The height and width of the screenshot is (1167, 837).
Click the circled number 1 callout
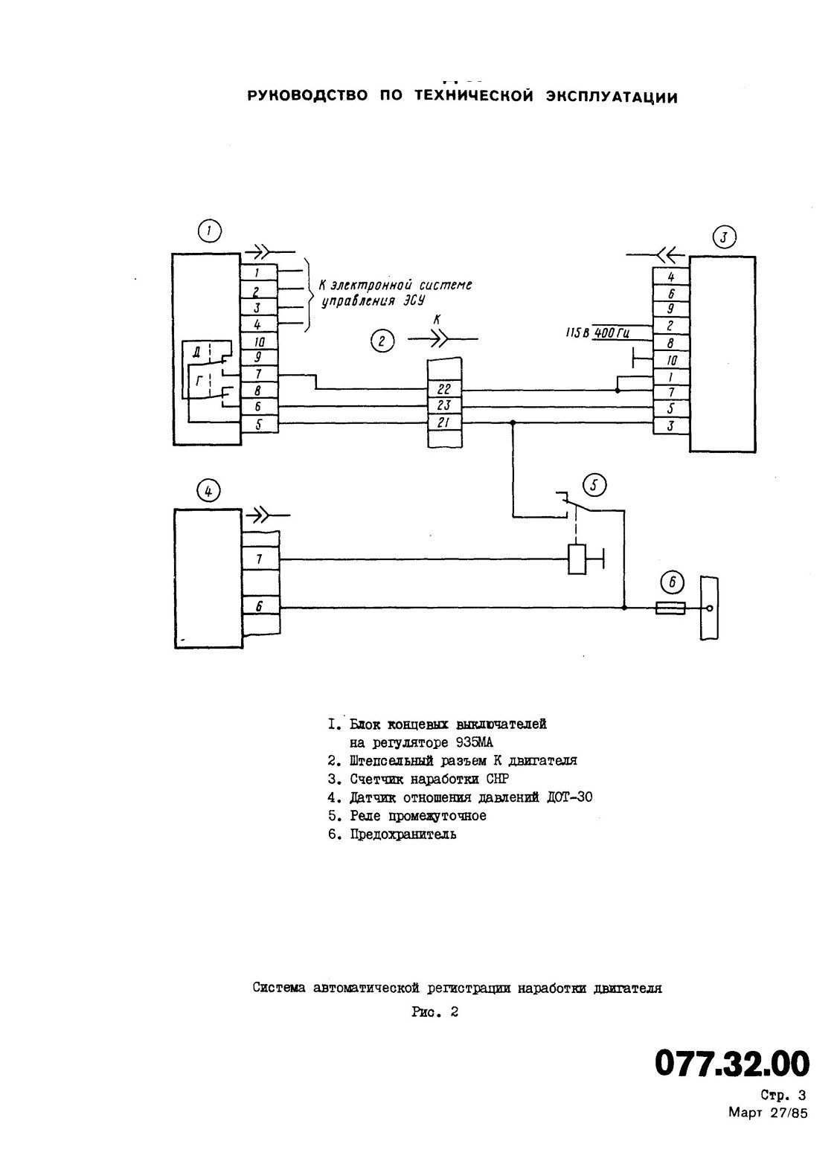point(209,231)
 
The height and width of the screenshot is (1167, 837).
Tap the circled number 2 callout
point(382,341)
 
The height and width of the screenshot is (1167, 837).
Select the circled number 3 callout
point(723,237)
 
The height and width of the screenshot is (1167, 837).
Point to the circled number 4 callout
point(208,491)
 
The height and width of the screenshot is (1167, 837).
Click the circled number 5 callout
point(595,486)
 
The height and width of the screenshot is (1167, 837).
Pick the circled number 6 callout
point(673,582)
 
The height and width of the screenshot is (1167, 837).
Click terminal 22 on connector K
point(445,389)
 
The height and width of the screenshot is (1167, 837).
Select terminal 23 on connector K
point(445,405)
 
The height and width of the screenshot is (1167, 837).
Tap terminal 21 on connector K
point(445,422)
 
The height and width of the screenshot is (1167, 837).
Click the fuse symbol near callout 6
point(670,608)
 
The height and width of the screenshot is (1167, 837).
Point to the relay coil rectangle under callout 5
point(577,559)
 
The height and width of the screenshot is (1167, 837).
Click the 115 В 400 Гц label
point(597,332)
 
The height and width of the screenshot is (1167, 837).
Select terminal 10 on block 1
point(259,341)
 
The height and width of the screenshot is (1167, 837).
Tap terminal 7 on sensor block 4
point(260,559)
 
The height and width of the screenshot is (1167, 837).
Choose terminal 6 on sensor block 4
point(260,606)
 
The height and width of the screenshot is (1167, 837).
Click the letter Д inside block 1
point(197,353)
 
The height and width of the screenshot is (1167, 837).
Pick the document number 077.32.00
point(731,1063)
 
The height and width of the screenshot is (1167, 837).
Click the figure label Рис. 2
point(434,1012)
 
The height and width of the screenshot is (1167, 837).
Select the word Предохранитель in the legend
point(403,834)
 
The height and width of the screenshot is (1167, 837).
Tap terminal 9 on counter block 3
point(671,309)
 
